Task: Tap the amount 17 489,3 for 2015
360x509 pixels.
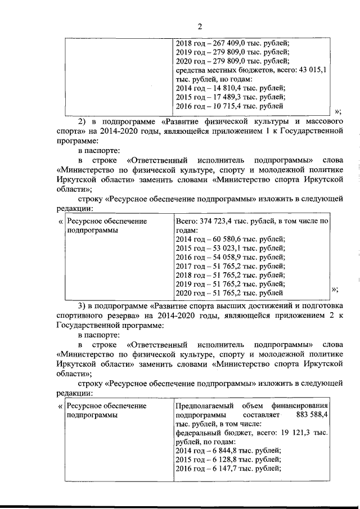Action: [x=223, y=97]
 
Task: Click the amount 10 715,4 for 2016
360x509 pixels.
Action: [x=223, y=106]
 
